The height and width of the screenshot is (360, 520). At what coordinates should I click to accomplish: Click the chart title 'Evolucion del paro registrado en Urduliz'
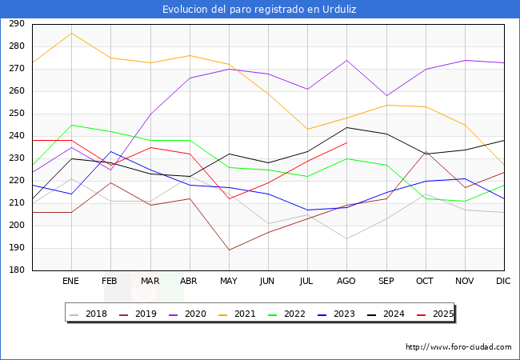[260, 9]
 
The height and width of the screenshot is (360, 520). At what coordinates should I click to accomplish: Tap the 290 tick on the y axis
[15, 24]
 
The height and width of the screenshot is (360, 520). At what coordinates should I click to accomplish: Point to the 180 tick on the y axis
[15, 270]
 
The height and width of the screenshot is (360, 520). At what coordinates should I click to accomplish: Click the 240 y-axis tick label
[15, 136]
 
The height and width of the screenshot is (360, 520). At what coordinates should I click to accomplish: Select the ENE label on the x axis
[71, 282]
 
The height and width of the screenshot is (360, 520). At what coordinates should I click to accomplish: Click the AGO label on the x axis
[346, 282]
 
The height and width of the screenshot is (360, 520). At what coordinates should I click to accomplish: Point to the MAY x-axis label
[229, 282]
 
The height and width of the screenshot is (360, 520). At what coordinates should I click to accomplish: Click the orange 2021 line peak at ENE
[71, 33]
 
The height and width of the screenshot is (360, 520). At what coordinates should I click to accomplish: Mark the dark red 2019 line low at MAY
[229, 250]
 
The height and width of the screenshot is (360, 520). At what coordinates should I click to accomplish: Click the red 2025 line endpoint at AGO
[346, 142]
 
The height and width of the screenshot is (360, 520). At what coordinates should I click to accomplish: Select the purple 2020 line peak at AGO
[346, 60]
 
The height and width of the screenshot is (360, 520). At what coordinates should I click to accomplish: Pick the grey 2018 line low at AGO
[346, 238]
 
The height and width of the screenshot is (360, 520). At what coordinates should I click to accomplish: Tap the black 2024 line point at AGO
[346, 127]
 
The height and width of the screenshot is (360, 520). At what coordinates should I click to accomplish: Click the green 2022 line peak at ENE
[71, 125]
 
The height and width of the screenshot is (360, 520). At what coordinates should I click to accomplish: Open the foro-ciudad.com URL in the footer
[458, 347]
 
